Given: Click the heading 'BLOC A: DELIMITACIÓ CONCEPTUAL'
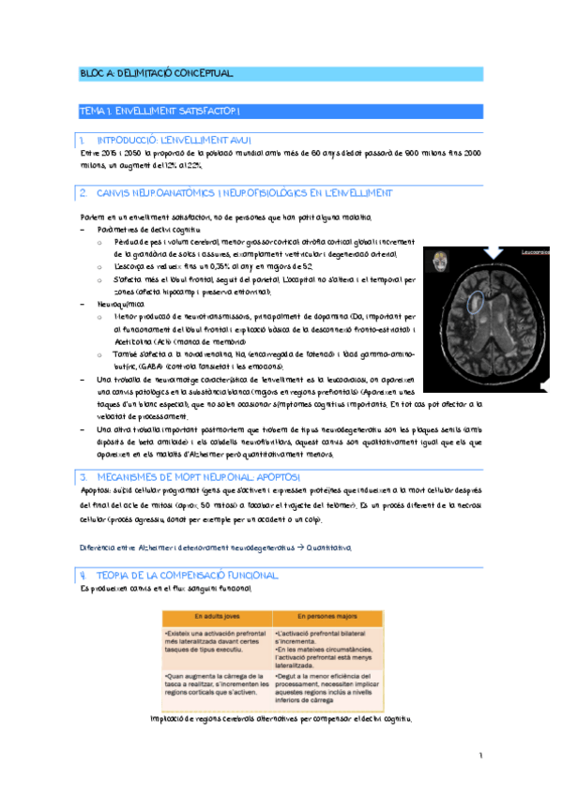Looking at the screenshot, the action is [x=156, y=73].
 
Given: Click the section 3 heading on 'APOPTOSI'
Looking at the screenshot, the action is [x=198, y=477].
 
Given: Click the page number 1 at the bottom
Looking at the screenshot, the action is [x=478, y=755].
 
